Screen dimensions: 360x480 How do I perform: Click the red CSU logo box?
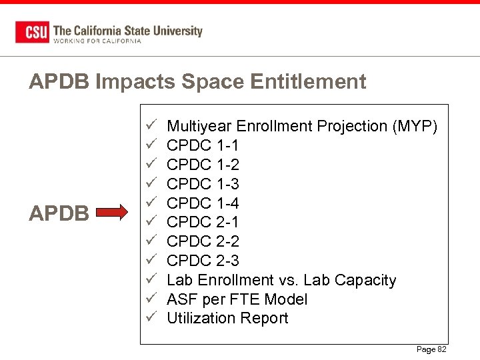[x=31, y=32]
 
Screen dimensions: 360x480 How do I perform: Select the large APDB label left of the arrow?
[x=59, y=213]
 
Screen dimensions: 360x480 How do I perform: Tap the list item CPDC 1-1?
[x=202, y=145]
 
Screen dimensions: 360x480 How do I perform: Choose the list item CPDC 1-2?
[x=203, y=165]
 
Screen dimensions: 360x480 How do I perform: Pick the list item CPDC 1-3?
[x=203, y=184]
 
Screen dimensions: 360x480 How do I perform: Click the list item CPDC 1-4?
[x=203, y=203]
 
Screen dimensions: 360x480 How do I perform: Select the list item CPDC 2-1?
[x=203, y=222]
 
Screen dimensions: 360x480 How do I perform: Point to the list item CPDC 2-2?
[x=203, y=241]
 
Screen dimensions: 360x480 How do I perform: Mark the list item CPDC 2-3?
[x=203, y=261]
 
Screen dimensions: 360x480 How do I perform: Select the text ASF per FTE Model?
[x=237, y=299]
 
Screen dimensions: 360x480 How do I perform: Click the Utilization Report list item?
[x=227, y=319]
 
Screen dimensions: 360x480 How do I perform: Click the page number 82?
[x=441, y=349]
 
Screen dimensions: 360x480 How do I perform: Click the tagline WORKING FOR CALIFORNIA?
[x=97, y=41]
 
